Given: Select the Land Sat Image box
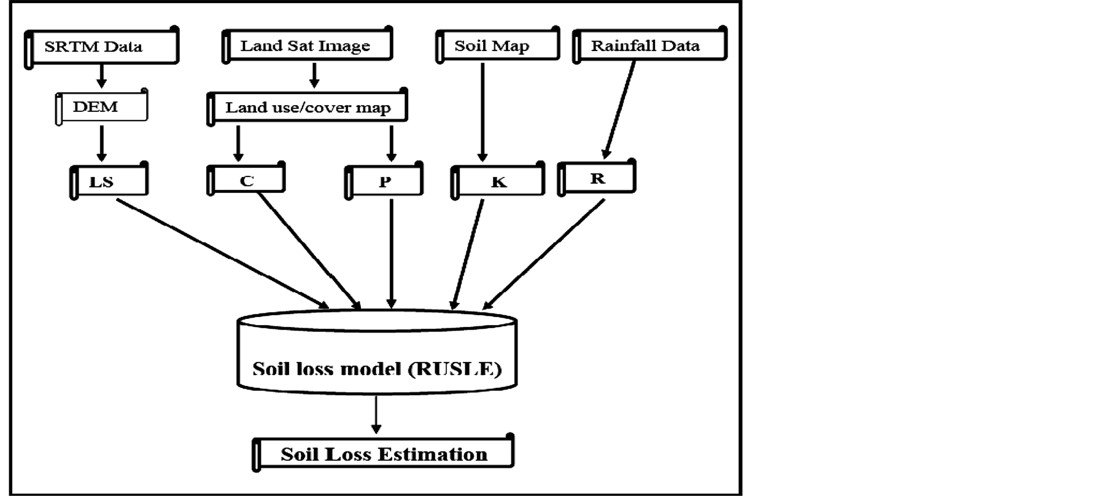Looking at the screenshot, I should click(x=306, y=46).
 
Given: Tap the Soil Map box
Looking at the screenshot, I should click(x=497, y=46).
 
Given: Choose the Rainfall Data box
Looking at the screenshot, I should click(x=649, y=45).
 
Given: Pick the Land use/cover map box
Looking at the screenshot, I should click(x=308, y=108).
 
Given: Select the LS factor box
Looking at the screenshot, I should click(x=109, y=181).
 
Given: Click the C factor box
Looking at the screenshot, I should click(x=246, y=181).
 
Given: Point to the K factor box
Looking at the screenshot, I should click(x=498, y=182).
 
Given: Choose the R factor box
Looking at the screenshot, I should click(x=597, y=179).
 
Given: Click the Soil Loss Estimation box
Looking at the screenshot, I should click(x=383, y=454).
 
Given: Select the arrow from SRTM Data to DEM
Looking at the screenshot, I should click(x=102, y=75).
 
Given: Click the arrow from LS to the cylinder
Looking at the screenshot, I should click(x=221, y=253).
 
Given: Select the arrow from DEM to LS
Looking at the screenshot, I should click(x=102, y=143).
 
